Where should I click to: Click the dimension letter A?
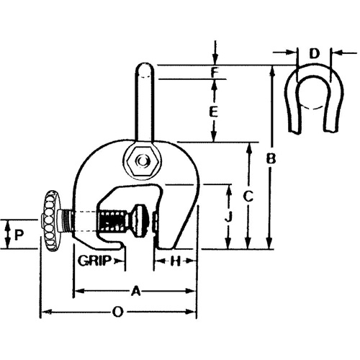(x=135, y=292)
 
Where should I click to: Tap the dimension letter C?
(x=247, y=194)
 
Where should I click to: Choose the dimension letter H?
(x=174, y=261)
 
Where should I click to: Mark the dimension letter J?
(x=228, y=216)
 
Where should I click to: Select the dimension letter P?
(x=19, y=234)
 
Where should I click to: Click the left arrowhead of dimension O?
(x=42, y=312)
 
